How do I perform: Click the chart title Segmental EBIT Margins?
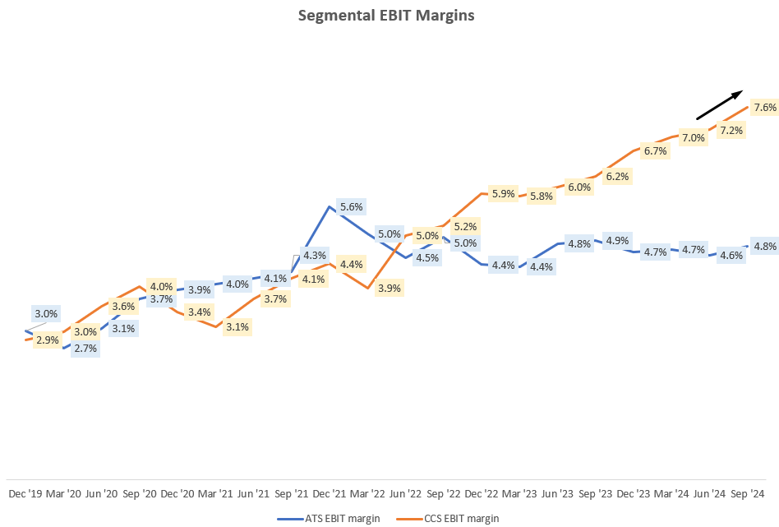[389, 16]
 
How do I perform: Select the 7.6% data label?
[764, 108]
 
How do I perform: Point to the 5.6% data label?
[351, 207]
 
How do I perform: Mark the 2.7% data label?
[85, 349]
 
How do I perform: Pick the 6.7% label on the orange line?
[655, 151]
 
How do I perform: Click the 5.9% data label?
[502, 194]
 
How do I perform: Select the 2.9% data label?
[48, 340]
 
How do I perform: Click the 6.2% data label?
[617, 176]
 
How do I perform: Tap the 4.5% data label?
[426, 257]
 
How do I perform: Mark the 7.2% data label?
[731, 131]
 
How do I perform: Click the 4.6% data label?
[731, 256]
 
